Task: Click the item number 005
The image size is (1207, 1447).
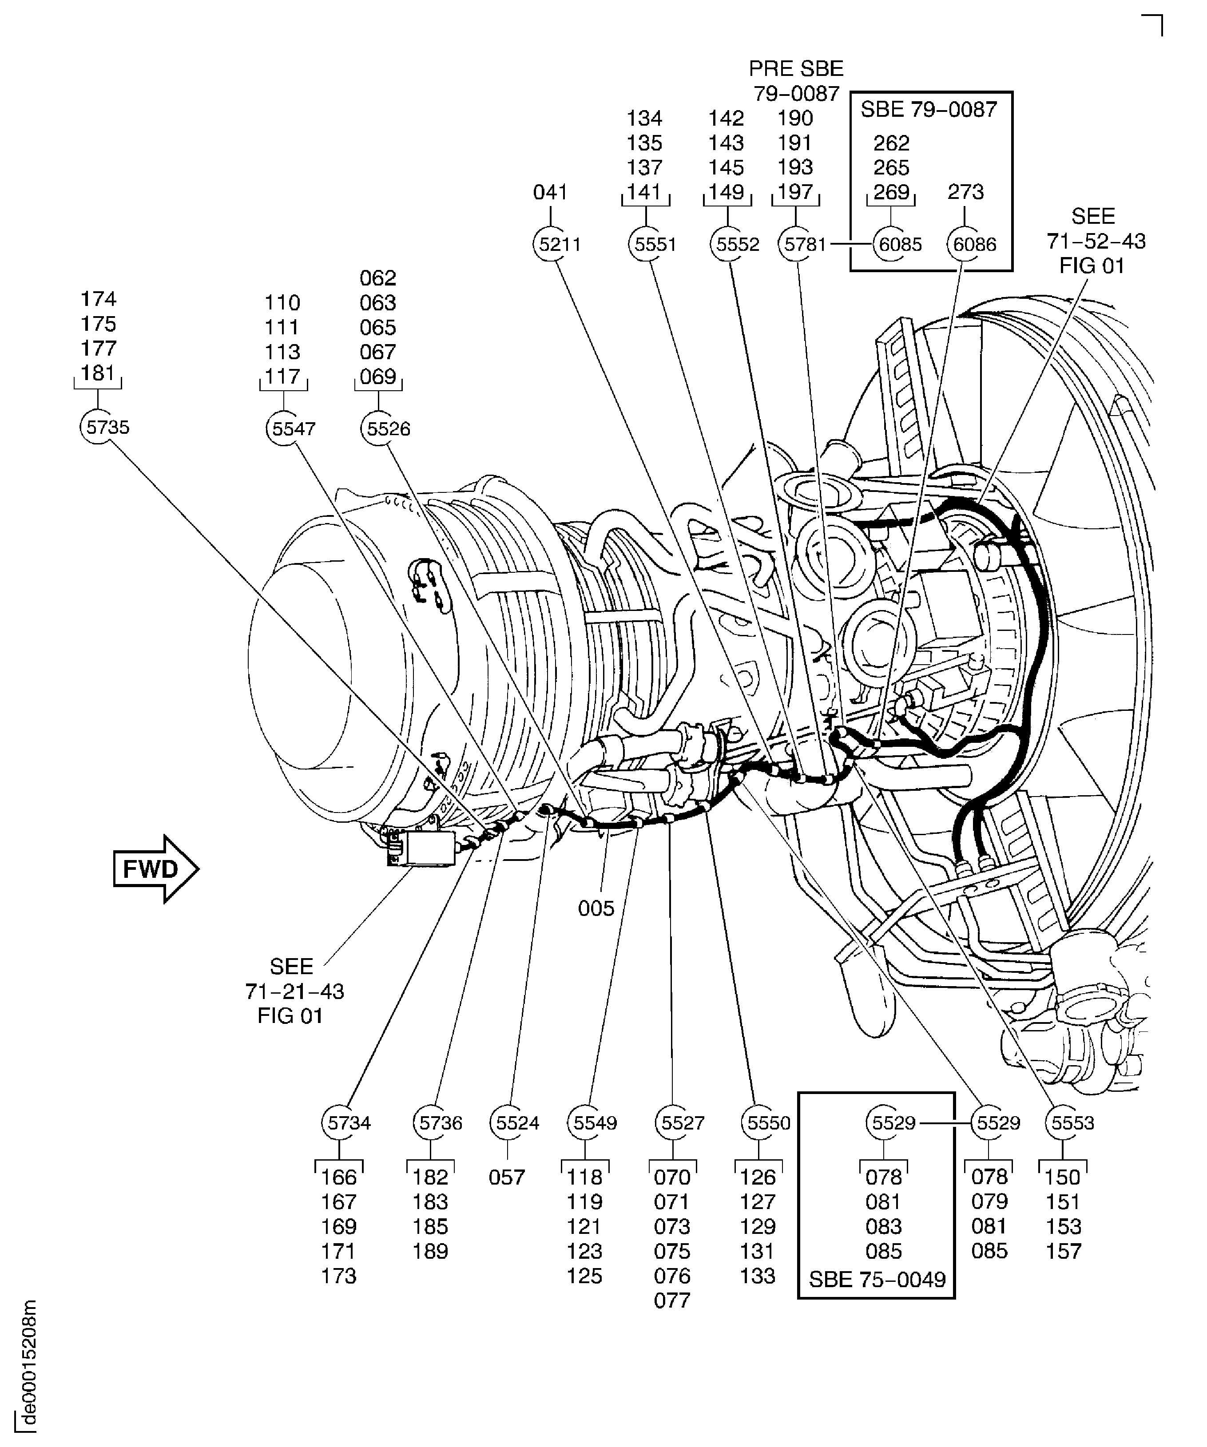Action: tap(596, 908)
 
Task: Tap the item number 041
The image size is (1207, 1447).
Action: tap(550, 191)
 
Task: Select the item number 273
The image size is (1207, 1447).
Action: tap(965, 191)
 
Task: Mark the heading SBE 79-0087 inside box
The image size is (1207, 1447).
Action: tap(929, 110)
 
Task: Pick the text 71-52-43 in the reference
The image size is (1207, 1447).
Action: tap(1096, 241)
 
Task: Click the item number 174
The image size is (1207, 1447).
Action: tap(99, 298)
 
